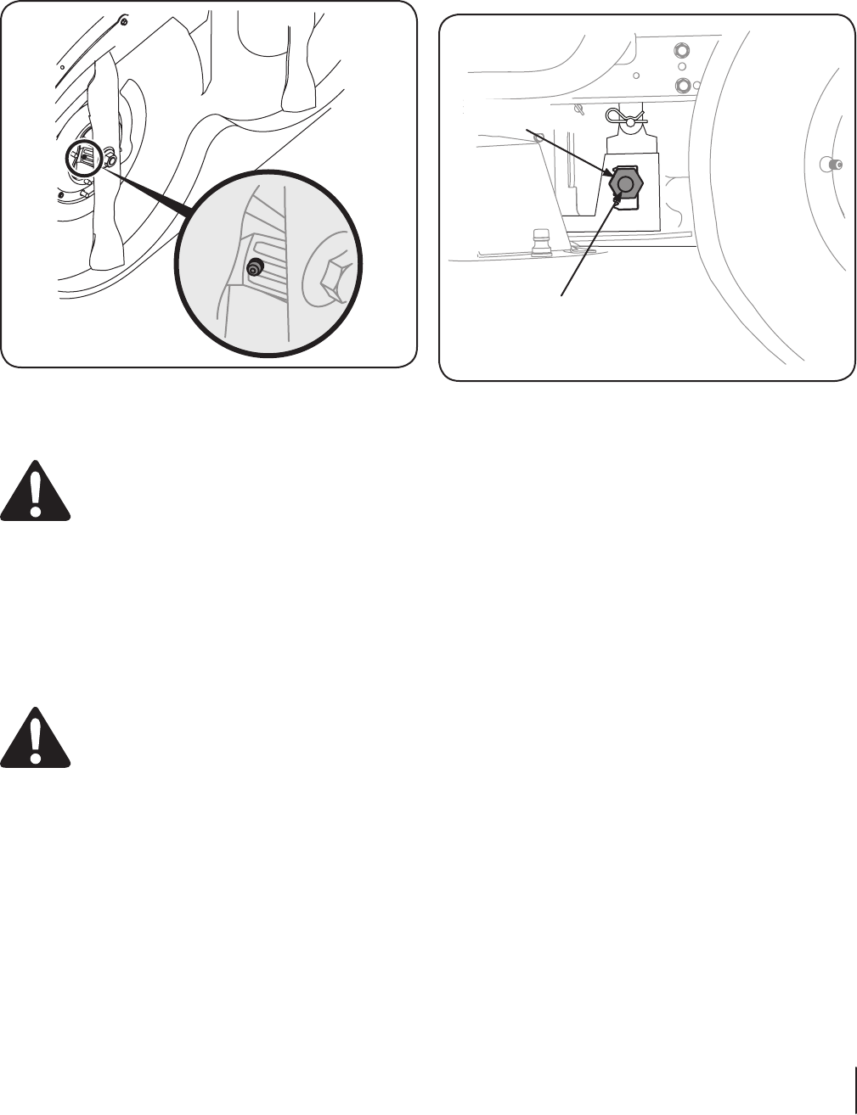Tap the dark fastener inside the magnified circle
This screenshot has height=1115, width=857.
253,268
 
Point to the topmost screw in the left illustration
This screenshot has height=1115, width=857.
125,22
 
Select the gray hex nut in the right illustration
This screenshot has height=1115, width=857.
626,184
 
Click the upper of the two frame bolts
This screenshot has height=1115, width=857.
681,48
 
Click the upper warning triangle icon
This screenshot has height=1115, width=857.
35,490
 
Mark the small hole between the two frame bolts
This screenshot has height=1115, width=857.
681,66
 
